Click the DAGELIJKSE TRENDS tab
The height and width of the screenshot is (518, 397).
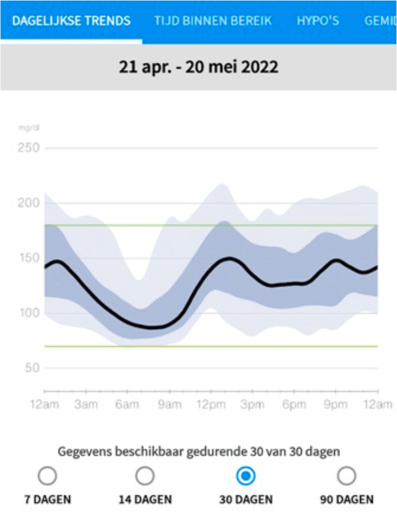tap(71, 21)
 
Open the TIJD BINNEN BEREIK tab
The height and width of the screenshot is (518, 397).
tap(213, 21)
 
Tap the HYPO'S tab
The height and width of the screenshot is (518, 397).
tap(318, 21)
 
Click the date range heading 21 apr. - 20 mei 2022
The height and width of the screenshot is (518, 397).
tap(198, 67)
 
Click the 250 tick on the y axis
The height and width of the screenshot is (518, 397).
tap(28, 148)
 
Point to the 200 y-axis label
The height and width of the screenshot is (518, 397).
tap(28, 203)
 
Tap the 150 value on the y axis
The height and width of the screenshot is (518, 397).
tap(28, 258)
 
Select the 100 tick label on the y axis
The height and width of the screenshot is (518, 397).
tap(28, 313)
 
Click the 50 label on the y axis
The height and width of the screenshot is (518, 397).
tap(31, 368)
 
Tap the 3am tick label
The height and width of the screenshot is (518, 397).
tap(86, 405)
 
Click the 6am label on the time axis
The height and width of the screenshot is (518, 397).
tap(128, 405)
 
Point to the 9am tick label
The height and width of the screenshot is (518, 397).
tap(169, 405)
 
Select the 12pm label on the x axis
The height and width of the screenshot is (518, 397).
tap(211, 405)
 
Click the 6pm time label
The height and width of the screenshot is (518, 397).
tap(294, 405)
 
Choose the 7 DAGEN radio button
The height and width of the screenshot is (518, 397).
tap(47, 476)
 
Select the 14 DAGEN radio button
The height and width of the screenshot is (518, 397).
tap(145, 476)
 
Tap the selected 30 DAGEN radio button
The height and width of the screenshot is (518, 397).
tap(246, 476)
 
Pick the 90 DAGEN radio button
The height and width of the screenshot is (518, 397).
tap(347, 476)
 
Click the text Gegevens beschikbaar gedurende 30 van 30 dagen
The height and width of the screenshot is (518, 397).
tap(198, 451)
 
